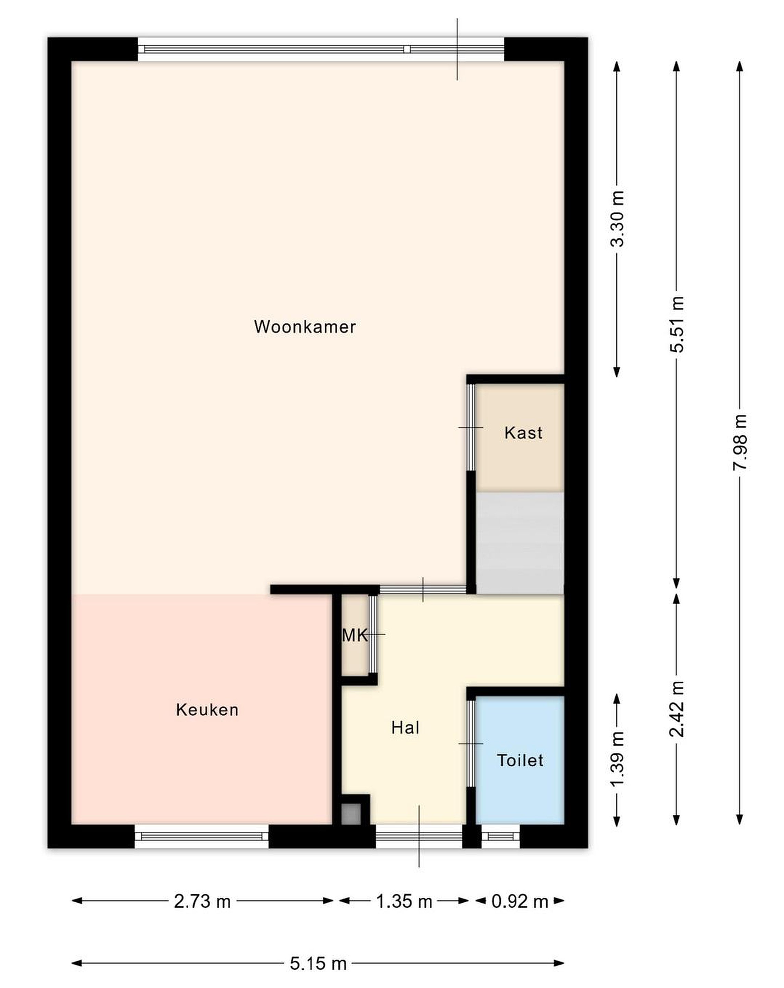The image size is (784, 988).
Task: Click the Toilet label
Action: tap(520, 761)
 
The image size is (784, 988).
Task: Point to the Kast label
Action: tap(523, 433)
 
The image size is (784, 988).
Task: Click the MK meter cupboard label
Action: tap(355, 635)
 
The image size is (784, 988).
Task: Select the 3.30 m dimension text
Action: tap(617, 219)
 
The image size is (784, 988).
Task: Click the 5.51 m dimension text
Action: tap(676, 324)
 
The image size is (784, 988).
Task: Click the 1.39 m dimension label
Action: tap(617, 758)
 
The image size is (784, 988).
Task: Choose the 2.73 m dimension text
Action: tap(202, 902)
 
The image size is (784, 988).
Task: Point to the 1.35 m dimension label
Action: tap(404, 902)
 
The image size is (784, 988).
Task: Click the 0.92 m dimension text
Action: tap(520, 902)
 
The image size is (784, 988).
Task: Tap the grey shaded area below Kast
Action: tap(520, 543)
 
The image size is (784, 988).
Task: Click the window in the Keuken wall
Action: tap(201, 836)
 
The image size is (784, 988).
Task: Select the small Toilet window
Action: tap(500, 836)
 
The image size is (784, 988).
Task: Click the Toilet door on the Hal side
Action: tap(471, 743)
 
